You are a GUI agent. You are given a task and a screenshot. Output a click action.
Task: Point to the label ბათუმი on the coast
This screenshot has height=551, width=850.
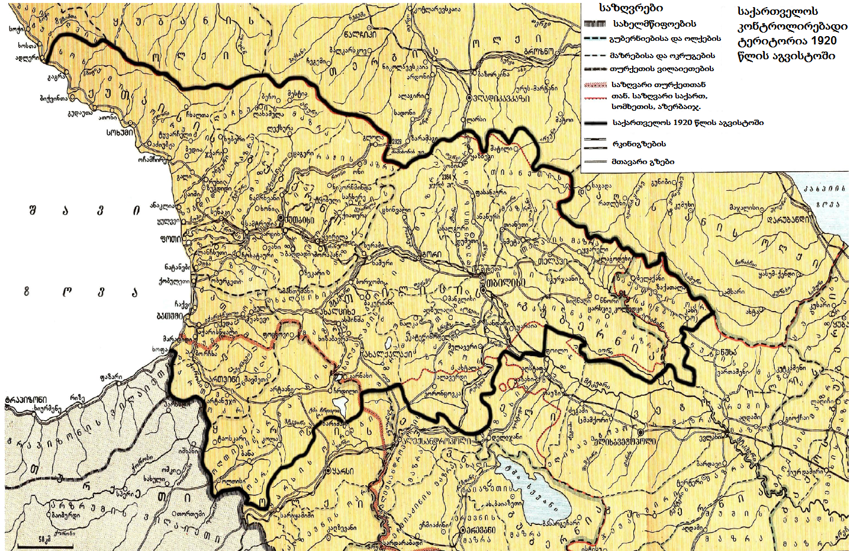170,316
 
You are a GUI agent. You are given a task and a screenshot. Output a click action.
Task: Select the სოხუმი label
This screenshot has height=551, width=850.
120,132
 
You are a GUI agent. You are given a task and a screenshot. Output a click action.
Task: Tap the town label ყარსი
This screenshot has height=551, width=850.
343,471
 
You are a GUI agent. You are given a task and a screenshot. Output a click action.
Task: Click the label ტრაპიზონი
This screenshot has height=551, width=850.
25,399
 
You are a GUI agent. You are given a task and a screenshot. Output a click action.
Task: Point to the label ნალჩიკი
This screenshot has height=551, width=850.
359,34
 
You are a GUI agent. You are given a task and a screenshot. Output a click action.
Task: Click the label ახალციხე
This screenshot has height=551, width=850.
338,312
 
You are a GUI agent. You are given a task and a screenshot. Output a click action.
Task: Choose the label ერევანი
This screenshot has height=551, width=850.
479,530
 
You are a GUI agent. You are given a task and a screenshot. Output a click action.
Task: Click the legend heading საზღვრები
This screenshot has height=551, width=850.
631,8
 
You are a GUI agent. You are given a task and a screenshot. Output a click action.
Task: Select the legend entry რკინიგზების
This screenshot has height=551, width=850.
639,144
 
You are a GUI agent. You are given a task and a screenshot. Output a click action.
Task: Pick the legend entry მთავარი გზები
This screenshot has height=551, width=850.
643,161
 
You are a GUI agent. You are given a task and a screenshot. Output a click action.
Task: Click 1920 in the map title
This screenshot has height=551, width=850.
824,41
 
